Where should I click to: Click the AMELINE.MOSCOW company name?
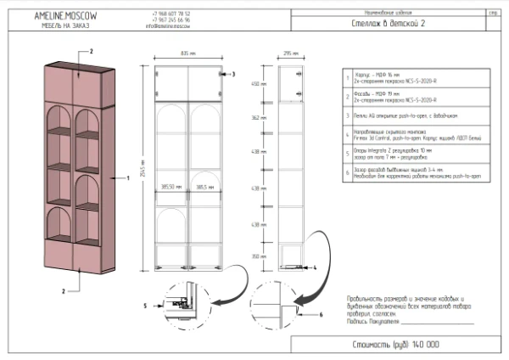64,16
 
